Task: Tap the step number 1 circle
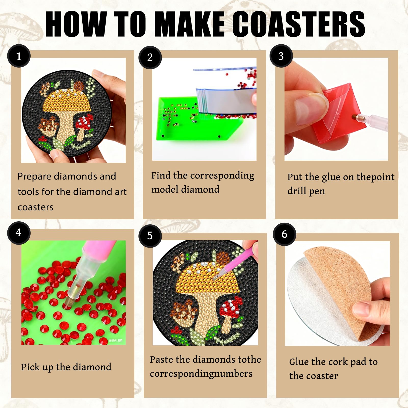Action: click(19, 56)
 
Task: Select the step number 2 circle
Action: click(150, 58)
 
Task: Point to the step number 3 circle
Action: click(281, 56)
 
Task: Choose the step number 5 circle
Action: click(150, 236)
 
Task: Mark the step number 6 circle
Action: click(285, 234)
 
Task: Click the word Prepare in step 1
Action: click(34, 177)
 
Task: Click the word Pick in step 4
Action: click(30, 367)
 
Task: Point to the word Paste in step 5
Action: click(161, 360)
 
